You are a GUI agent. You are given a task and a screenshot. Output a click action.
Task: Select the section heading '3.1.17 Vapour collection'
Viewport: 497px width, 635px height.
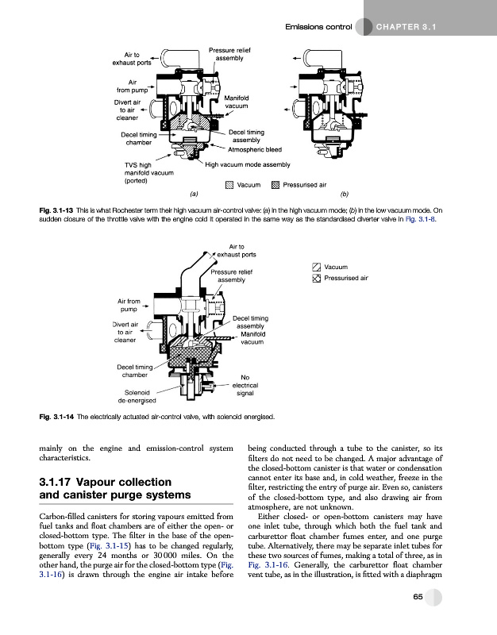coord(106,482)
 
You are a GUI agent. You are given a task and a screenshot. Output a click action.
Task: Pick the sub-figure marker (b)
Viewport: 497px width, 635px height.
coord(344,194)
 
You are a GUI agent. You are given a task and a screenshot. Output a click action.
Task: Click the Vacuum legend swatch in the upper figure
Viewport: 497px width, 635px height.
coord(229,184)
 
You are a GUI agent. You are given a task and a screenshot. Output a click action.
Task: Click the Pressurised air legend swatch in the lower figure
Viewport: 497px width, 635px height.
coord(317,279)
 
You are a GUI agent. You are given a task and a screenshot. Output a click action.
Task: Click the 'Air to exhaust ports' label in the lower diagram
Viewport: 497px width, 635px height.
coord(241,250)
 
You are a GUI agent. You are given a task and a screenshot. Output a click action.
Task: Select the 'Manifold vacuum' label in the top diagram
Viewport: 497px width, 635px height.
coord(237,102)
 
